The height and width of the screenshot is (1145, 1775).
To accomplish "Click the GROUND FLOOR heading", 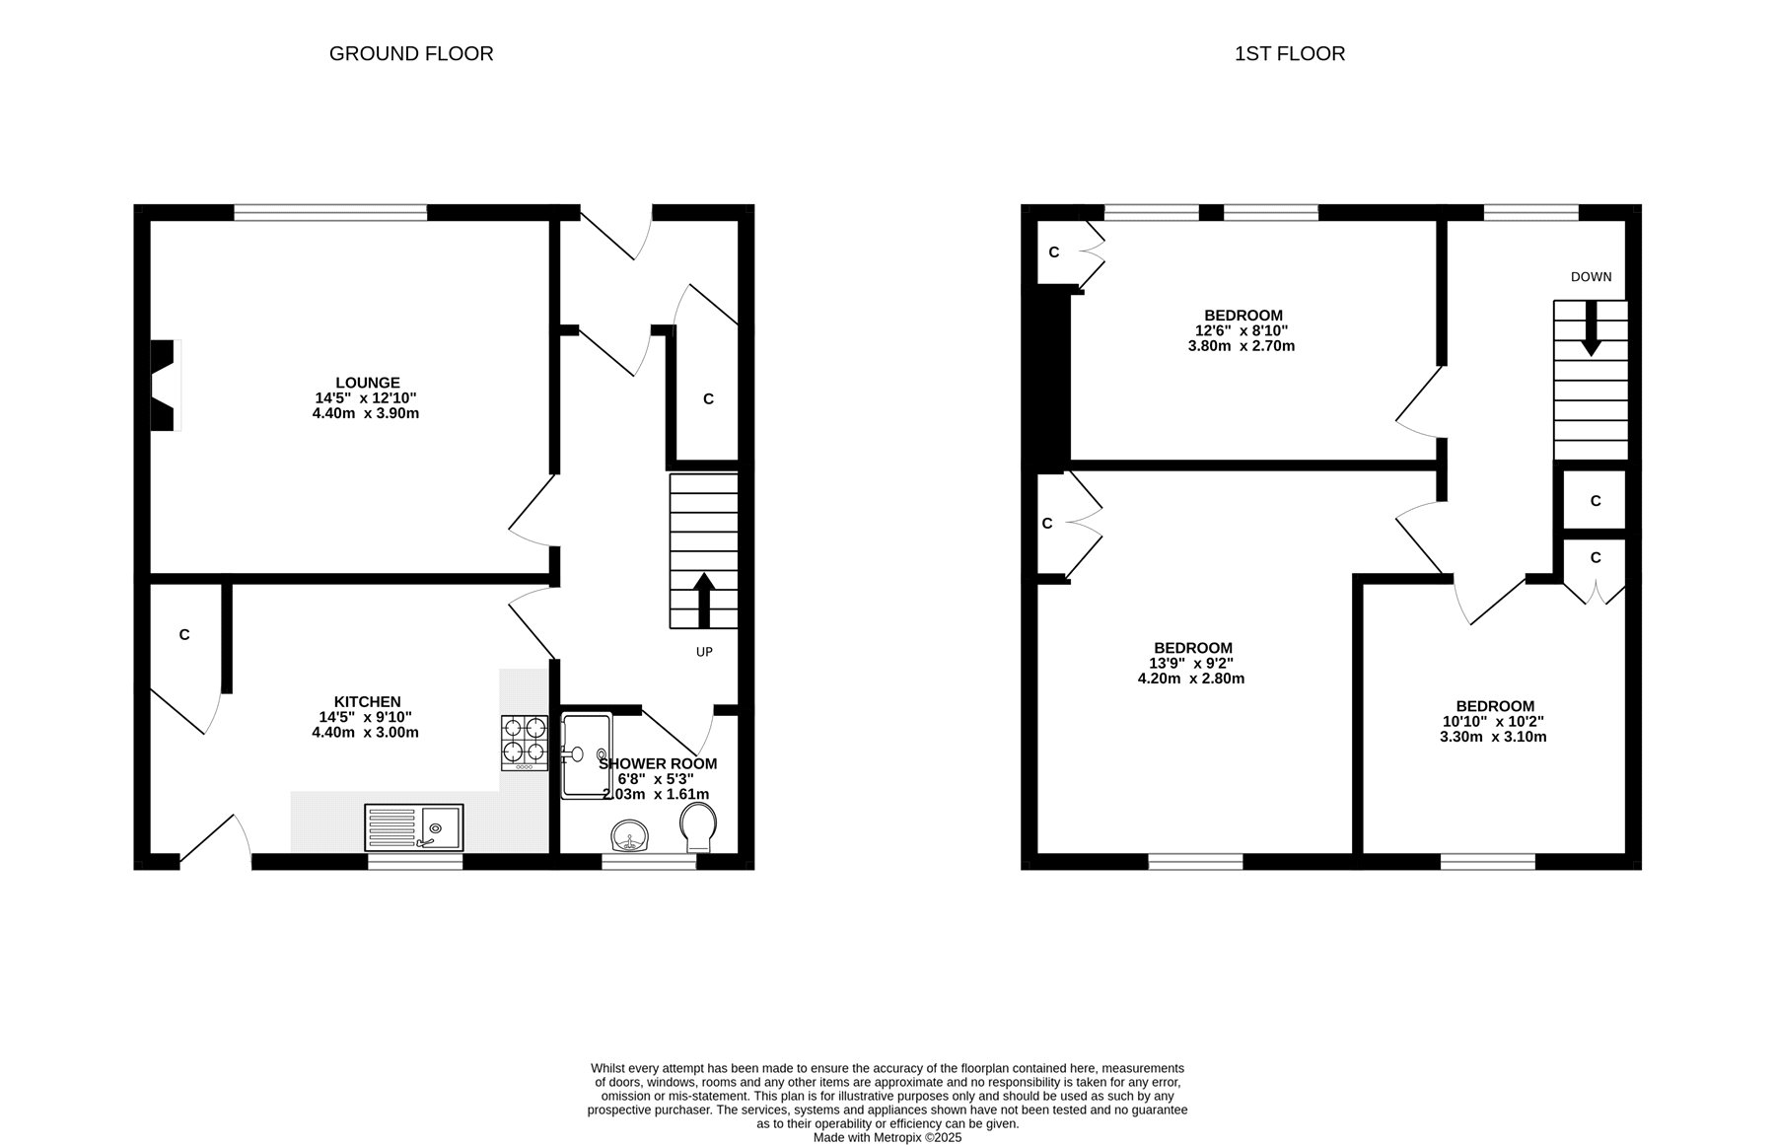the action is pos(411,53).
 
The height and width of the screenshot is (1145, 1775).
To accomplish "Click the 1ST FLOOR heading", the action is pos(1290,53).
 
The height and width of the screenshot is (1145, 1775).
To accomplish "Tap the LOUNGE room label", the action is pos(368,383).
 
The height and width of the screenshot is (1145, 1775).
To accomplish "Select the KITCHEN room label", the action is pos(367,702).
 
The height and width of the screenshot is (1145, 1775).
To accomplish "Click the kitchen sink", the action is pos(414,826).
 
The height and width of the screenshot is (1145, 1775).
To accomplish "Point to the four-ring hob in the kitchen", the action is pos(525,742).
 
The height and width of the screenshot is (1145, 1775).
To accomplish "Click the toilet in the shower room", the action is pos(698,826).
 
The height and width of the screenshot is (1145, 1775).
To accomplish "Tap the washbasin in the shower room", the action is pos(629,836).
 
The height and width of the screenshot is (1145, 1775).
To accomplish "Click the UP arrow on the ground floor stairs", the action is pos(704,601).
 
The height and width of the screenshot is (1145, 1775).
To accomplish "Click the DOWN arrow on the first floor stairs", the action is pos(1591,328).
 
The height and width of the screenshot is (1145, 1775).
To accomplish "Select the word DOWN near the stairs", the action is pos(1592,277).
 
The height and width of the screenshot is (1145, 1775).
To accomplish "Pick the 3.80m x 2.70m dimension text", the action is pos(1242,346).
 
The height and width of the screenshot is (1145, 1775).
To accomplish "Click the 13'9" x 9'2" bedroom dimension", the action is pos(1191,664).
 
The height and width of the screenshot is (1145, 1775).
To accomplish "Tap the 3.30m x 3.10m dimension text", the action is pos(1493,737).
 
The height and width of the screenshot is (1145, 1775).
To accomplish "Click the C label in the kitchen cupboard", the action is pos(184,635).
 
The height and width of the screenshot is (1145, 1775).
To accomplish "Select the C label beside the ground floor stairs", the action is pos(708,399).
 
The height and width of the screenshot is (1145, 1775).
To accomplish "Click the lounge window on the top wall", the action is pos(330,212).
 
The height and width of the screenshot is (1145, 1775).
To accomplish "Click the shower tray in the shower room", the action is pos(587,756).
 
